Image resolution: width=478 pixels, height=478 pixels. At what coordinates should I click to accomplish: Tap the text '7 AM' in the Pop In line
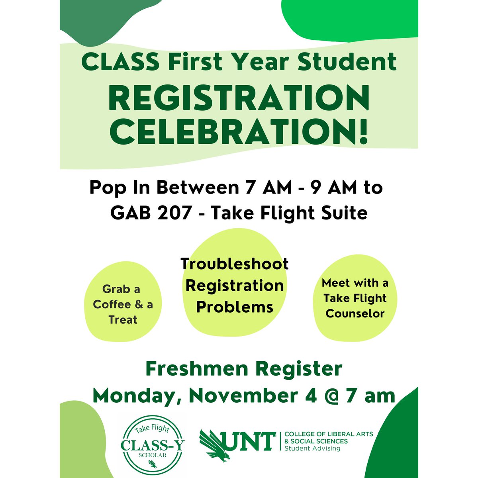(x=268, y=188)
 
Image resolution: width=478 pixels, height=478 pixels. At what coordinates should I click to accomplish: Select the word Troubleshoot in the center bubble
(x=235, y=264)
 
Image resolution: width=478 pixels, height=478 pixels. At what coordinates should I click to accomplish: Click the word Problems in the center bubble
(x=235, y=307)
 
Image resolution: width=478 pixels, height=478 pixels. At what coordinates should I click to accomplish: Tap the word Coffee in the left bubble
(x=112, y=305)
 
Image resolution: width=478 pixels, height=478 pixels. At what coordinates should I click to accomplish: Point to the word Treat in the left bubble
(x=123, y=320)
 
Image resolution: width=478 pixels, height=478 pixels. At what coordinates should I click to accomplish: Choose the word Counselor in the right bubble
(x=355, y=313)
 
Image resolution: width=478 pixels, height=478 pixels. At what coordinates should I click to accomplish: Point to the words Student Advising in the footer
(x=312, y=449)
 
